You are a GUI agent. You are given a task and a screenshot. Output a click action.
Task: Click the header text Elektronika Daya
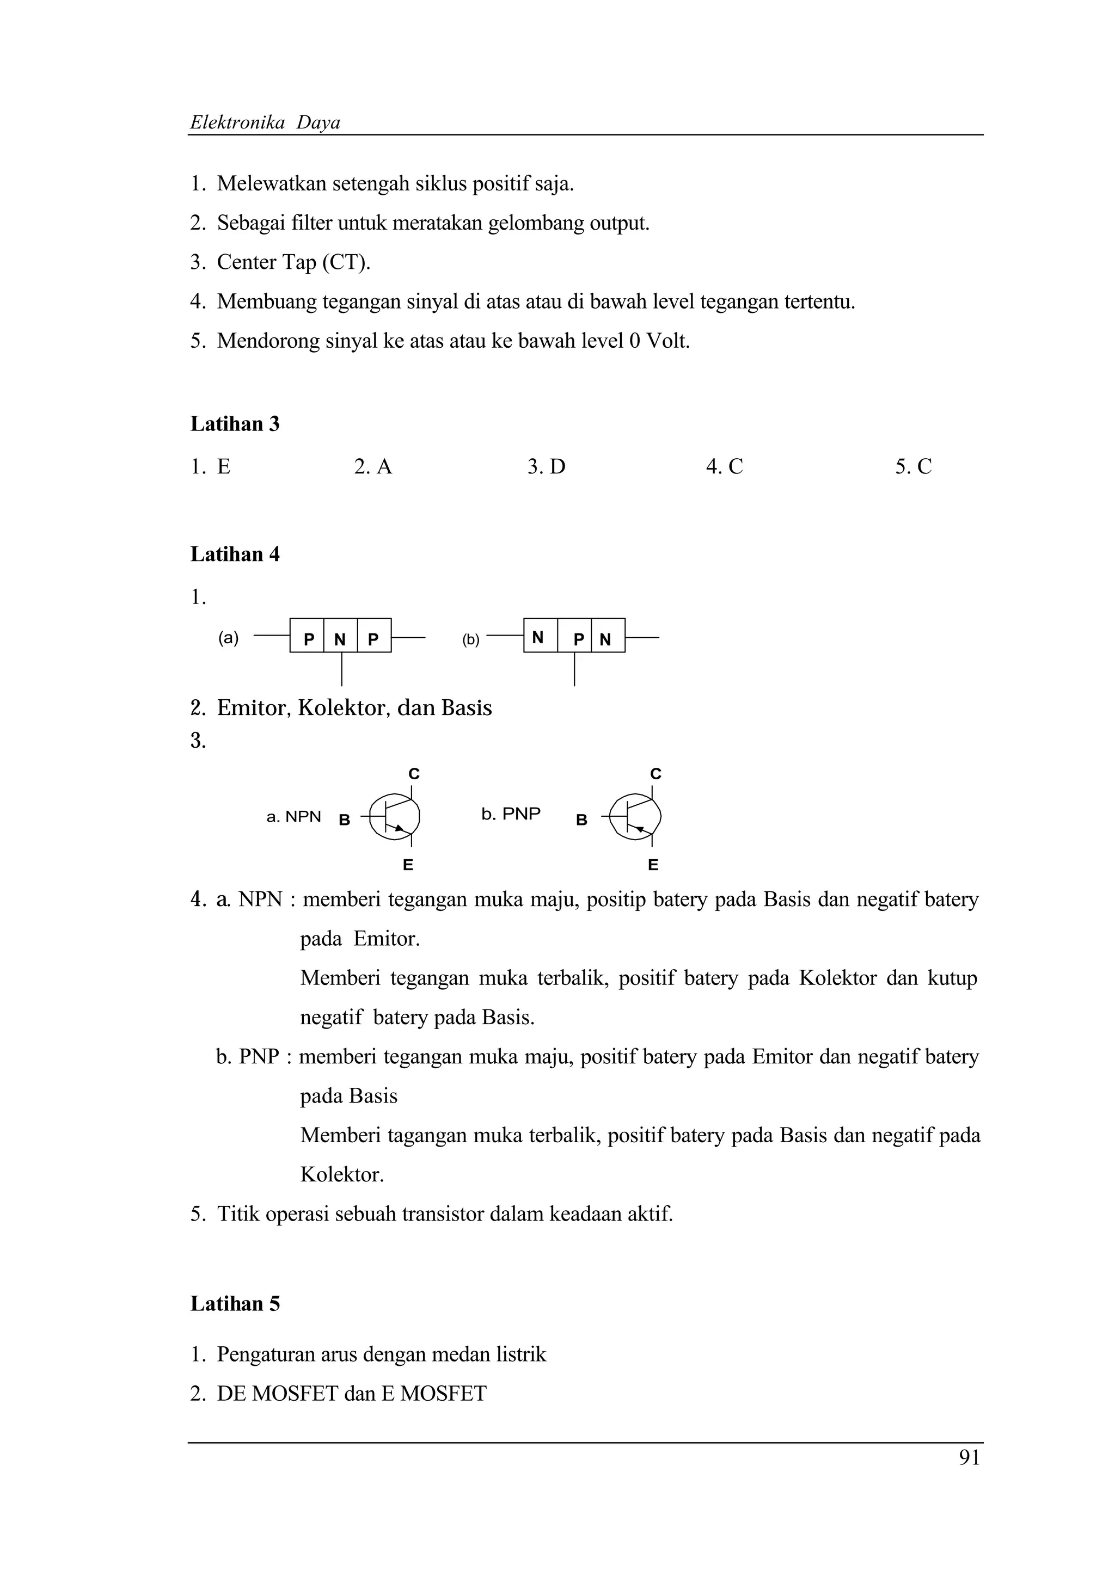point(265,123)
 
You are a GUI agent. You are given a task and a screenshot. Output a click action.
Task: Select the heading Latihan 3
point(235,424)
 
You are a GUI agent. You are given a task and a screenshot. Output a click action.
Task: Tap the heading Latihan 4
point(235,555)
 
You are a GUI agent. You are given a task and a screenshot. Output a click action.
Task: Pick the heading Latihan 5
point(235,1304)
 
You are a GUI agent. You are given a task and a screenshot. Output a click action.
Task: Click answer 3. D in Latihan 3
point(546,467)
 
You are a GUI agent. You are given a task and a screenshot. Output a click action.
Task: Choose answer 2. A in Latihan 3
point(373,467)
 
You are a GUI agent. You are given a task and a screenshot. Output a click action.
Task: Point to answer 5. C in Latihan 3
point(913,467)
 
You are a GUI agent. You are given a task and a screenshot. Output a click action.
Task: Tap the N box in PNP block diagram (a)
point(340,639)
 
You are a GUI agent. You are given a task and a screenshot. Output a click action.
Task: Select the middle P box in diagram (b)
point(578,639)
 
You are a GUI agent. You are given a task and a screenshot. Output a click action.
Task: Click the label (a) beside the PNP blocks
point(229,638)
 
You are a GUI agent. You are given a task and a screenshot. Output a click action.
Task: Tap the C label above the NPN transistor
point(414,774)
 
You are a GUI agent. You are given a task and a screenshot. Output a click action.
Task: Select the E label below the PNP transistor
point(653,865)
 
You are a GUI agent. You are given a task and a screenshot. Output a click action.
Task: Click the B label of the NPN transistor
point(345,820)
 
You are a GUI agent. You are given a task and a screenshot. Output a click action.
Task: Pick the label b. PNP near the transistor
point(511,814)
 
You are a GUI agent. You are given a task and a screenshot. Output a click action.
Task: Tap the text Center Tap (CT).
point(293,262)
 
